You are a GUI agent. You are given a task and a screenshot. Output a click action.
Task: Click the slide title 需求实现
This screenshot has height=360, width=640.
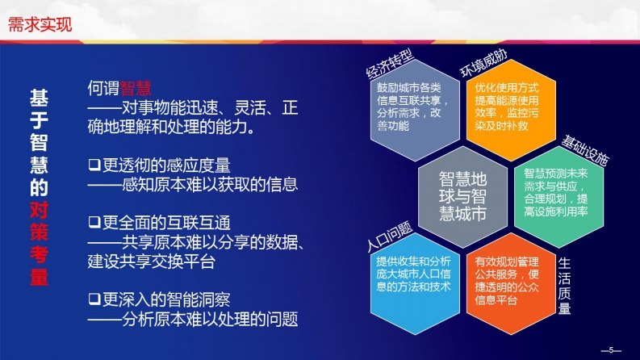40,24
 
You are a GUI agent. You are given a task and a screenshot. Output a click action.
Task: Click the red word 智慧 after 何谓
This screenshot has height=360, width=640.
136,88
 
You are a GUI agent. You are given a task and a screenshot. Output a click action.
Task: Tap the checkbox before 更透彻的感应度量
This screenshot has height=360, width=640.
94,165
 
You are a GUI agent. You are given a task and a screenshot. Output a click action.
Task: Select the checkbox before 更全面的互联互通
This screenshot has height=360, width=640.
94,222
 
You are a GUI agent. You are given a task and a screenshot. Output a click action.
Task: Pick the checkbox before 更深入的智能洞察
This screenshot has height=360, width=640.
94,299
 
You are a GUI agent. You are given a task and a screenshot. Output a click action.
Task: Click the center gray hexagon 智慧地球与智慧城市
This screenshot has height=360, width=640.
463,197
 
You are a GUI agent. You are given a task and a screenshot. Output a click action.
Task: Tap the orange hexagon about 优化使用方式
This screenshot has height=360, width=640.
511,110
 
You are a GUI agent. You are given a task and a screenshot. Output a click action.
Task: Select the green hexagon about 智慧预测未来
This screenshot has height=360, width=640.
558,197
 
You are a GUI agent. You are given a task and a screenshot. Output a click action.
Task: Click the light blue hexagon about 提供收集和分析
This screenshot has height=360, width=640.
415,283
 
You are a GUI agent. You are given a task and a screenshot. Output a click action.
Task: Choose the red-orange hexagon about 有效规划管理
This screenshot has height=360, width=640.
511,283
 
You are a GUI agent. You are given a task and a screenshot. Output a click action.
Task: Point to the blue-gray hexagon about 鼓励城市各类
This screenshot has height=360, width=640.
415,110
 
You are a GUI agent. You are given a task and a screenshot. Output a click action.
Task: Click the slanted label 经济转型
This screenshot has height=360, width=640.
390,63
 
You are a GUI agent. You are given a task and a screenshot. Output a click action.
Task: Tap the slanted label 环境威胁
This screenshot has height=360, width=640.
483,63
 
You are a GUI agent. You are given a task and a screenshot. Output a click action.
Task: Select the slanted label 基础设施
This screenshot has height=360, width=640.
585,151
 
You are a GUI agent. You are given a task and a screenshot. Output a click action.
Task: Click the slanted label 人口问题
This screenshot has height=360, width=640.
390,237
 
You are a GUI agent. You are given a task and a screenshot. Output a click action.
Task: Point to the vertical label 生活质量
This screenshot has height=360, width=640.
564,286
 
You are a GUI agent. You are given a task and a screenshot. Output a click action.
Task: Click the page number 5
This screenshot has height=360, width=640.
611,350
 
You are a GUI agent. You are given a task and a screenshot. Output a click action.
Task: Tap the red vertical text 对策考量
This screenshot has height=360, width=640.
40,244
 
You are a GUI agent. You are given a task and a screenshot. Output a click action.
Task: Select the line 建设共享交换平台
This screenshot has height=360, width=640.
152,262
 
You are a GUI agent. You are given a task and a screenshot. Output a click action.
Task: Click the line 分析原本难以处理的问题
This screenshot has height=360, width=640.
193,319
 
